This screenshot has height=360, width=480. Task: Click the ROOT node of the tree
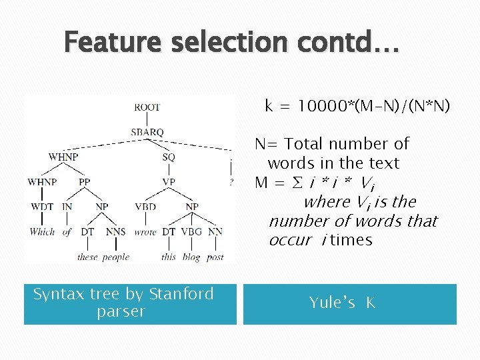pyautogui.click(x=147, y=107)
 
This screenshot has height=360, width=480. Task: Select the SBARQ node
pyautogui.click(x=147, y=132)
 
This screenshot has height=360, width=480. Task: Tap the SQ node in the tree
pyautogui.click(x=169, y=157)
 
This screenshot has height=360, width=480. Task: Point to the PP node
pyautogui.click(x=84, y=181)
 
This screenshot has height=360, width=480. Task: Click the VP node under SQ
pyautogui.click(x=169, y=181)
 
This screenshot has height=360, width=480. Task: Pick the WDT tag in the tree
pyautogui.click(x=42, y=207)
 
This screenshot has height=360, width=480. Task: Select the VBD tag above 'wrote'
pyautogui.click(x=145, y=207)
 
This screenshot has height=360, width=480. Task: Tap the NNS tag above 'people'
pyautogui.click(x=115, y=232)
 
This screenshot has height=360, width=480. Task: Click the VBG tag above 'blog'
pyautogui.click(x=191, y=232)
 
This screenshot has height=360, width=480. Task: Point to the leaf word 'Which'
pyautogui.click(x=42, y=232)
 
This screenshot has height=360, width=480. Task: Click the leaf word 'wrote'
pyautogui.click(x=145, y=232)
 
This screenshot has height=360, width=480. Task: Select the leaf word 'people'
pyautogui.click(x=116, y=257)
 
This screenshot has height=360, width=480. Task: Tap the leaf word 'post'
pyautogui.click(x=215, y=257)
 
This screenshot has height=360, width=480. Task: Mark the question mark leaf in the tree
pyautogui.click(x=231, y=181)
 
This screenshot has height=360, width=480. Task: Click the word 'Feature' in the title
pyautogui.click(x=113, y=43)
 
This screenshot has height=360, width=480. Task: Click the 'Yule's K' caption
pyautogui.click(x=343, y=303)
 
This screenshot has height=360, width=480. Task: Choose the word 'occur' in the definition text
pyautogui.click(x=291, y=240)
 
